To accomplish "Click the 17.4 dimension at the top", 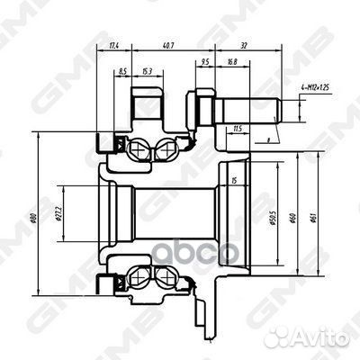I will [112, 44].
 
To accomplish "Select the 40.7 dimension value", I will [169, 44].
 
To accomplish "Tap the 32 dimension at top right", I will [245, 44].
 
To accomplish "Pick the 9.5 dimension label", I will [206, 63].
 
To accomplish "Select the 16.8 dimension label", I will [232, 63].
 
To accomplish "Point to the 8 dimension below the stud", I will [268, 140].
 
